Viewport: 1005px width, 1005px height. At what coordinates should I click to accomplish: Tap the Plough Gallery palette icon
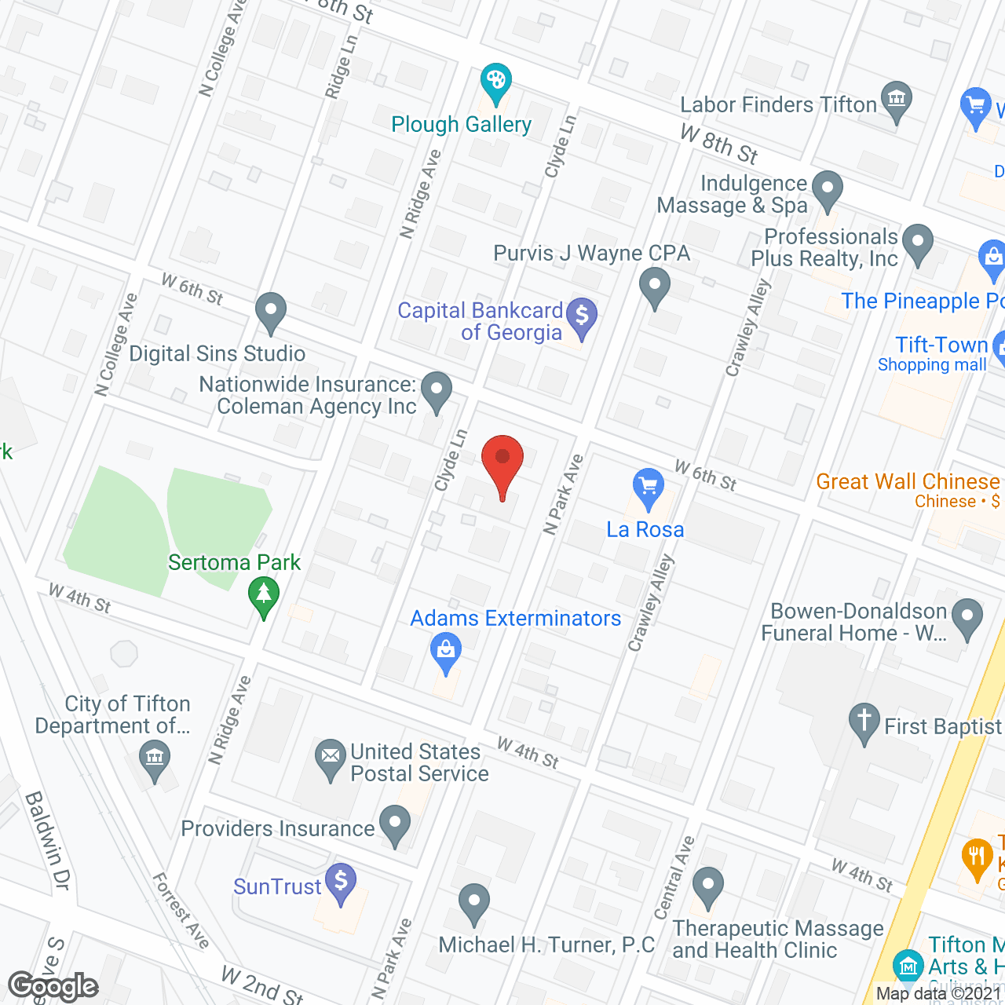[x=495, y=82]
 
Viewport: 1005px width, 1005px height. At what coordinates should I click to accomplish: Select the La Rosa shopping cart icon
[x=648, y=486]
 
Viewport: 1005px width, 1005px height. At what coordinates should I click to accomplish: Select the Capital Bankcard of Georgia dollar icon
[x=582, y=316]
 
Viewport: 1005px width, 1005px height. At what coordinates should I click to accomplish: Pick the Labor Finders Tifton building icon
[x=896, y=100]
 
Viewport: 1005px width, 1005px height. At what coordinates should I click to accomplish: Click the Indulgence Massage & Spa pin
[x=827, y=189]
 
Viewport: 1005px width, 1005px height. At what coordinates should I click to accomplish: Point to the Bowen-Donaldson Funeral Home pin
[x=967, y=617]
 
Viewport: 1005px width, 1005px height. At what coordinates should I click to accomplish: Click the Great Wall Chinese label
[x=908, y=481]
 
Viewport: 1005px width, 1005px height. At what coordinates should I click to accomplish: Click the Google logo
[x=53, y=986]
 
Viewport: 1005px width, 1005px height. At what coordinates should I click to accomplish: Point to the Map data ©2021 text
[x=939, y=994]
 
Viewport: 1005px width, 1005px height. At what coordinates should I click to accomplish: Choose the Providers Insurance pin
[x=395, y=824]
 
